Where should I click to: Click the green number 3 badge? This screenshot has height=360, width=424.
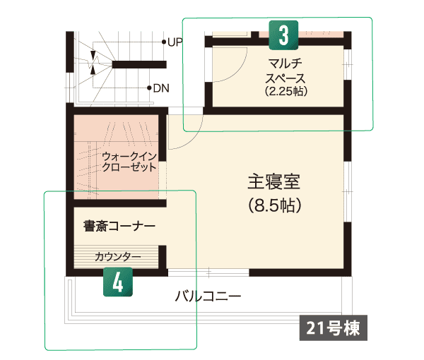(283, 35)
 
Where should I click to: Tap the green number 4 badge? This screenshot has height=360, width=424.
(118, 282)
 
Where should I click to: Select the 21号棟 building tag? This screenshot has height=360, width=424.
(333, 328)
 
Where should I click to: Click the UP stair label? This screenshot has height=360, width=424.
(175, 42)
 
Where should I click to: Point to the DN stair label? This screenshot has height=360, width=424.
(161, 88)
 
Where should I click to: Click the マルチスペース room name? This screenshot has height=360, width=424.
(285, 71)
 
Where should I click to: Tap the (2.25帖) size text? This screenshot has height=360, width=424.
(286, 91)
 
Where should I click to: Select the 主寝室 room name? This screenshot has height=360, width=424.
(274, 181)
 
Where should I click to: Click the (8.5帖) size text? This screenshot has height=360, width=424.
(274, 205)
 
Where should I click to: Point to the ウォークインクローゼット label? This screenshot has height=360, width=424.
(129, 162)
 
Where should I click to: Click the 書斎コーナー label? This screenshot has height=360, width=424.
(119, 227)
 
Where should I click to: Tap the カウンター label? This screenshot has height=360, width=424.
(118, 256)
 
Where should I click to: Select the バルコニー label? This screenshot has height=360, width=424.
(208, 296)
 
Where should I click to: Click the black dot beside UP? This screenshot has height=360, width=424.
(164, 42)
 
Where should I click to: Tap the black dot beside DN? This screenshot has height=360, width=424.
(149, 88)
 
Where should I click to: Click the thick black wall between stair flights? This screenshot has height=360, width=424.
(139, 64)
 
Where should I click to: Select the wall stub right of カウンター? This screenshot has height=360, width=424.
(163, 257)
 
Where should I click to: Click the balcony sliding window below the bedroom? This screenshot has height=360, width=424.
(208, 272)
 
